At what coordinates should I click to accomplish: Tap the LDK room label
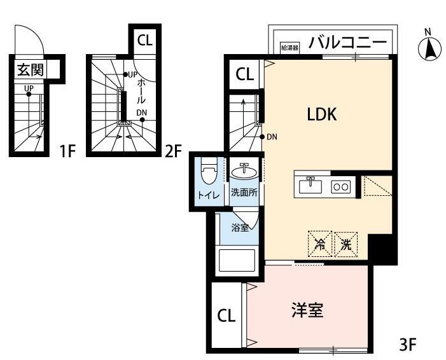click(x=321, y=114)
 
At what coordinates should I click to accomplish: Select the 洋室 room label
click(x=308, y=310)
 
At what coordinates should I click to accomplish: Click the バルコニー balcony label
click(x=347, y=43)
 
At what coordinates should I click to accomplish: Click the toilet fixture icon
click(x=208, y=173)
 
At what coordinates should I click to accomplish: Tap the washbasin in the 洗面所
click(x=244, y=171)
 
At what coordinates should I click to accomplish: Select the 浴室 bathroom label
click(x=240, y=227)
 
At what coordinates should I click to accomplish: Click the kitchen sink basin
click(x=311, y=186)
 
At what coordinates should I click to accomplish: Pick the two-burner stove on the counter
click(x=340, y=186)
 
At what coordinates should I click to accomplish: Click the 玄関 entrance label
click(x=27, y=67)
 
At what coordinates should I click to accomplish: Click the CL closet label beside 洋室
click(x=225, y=315)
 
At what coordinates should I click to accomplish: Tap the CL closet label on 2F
click(x=145, y=39)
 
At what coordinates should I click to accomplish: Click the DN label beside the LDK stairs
click(x=272, y=137)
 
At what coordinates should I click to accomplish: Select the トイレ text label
click(x=207, y=195)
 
